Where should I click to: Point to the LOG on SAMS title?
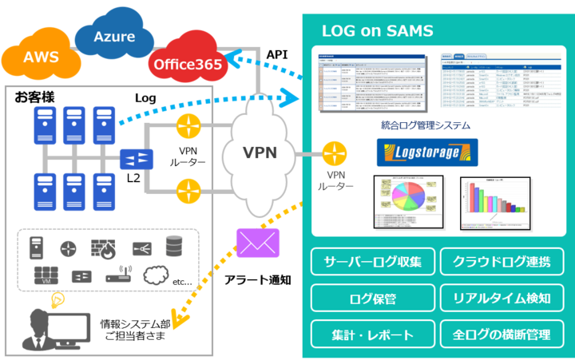tap(377, 31)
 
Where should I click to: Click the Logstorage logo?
tap(427, 152)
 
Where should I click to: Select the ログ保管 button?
tap(372, 298)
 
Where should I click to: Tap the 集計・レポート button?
tap(372, 334)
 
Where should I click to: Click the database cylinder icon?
tap(175, 246)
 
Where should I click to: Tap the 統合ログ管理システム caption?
tap(426, 125)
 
